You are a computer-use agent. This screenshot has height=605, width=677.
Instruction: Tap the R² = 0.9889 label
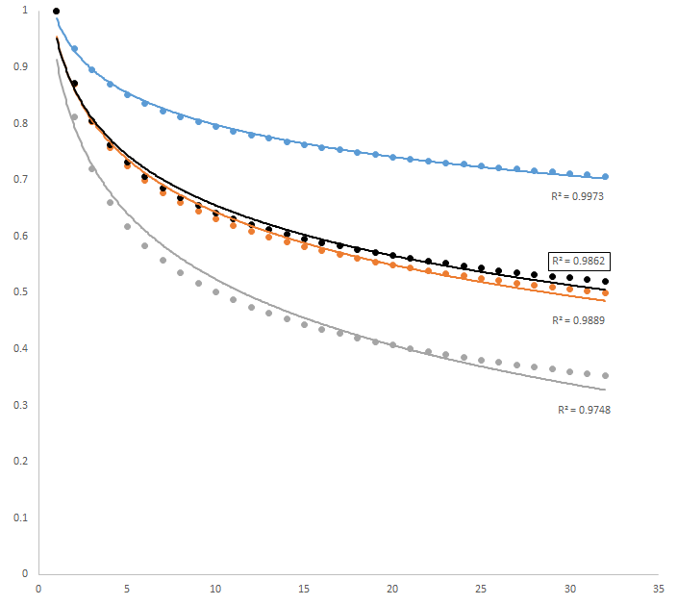pyautogui.click(x=577, y=319)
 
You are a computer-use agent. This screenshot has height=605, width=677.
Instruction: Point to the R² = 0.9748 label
pyautogui.click(x=584, y=410)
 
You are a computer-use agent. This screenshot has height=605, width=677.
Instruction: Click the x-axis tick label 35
pyautogui.click(x=659, y=589)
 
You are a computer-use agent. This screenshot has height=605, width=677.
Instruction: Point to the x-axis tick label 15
pyautogui.click(x=304, y=589)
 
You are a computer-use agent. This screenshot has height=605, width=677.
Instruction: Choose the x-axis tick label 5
pyautogui.click(x=127, y=589)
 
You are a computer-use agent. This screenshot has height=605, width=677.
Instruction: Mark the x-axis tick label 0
pyautogui.click(x=38, y=589)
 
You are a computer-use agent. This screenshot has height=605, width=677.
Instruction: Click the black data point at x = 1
pyautogui.click(x=56, y=11)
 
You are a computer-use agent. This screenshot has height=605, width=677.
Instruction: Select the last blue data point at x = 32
pyautogui.click(x=605, y=177)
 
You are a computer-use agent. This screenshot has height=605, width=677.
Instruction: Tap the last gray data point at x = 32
pyautogui.click(x=605, y=375)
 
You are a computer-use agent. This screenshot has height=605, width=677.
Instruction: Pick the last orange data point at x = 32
pyautogui.click(x=605, y=292)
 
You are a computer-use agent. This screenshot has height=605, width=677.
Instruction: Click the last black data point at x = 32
pyautogui.click(x=605, y=281)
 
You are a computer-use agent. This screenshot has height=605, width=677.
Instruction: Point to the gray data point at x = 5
pyautogui.click(x=127, y=227)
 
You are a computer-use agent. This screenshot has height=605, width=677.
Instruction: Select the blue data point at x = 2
pyautogui.click(x=74, y=49)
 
